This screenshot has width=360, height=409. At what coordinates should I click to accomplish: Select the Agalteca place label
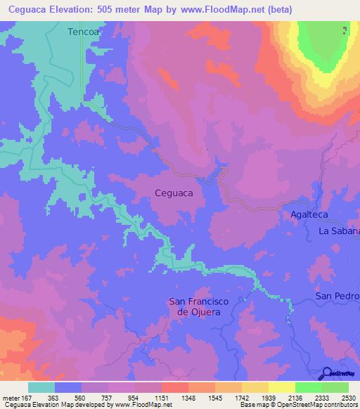309,214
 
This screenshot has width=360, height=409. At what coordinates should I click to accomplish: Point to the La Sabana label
339,231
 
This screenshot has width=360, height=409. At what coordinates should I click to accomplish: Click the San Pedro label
337,296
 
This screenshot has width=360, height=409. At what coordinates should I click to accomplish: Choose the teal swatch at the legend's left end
41,387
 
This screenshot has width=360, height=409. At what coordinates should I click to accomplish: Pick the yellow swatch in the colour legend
282,387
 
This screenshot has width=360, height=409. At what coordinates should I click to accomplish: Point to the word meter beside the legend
11,397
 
